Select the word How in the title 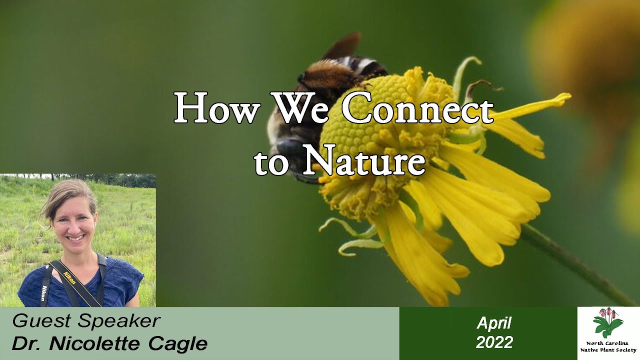[216, 109]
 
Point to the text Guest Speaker [86, 321]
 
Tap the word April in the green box [494, 323]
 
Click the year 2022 [494, 342]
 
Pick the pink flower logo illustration [608, 322]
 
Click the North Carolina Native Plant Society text [608, 347]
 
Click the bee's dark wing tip [347, 44]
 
